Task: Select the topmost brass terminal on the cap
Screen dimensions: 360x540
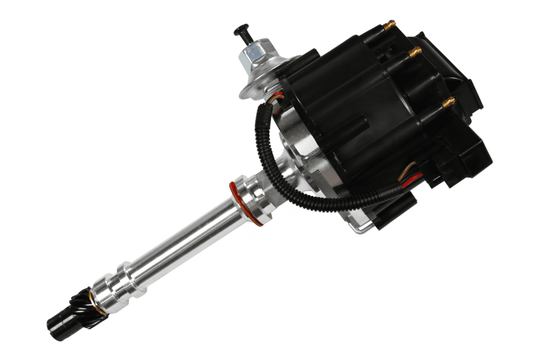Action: pyautogui.click(x=389, y=25)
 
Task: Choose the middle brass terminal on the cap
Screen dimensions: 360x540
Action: pyautogui.click(x=414, y=52)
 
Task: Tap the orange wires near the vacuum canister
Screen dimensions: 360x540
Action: pyautogui.click(x=275, y=98)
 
